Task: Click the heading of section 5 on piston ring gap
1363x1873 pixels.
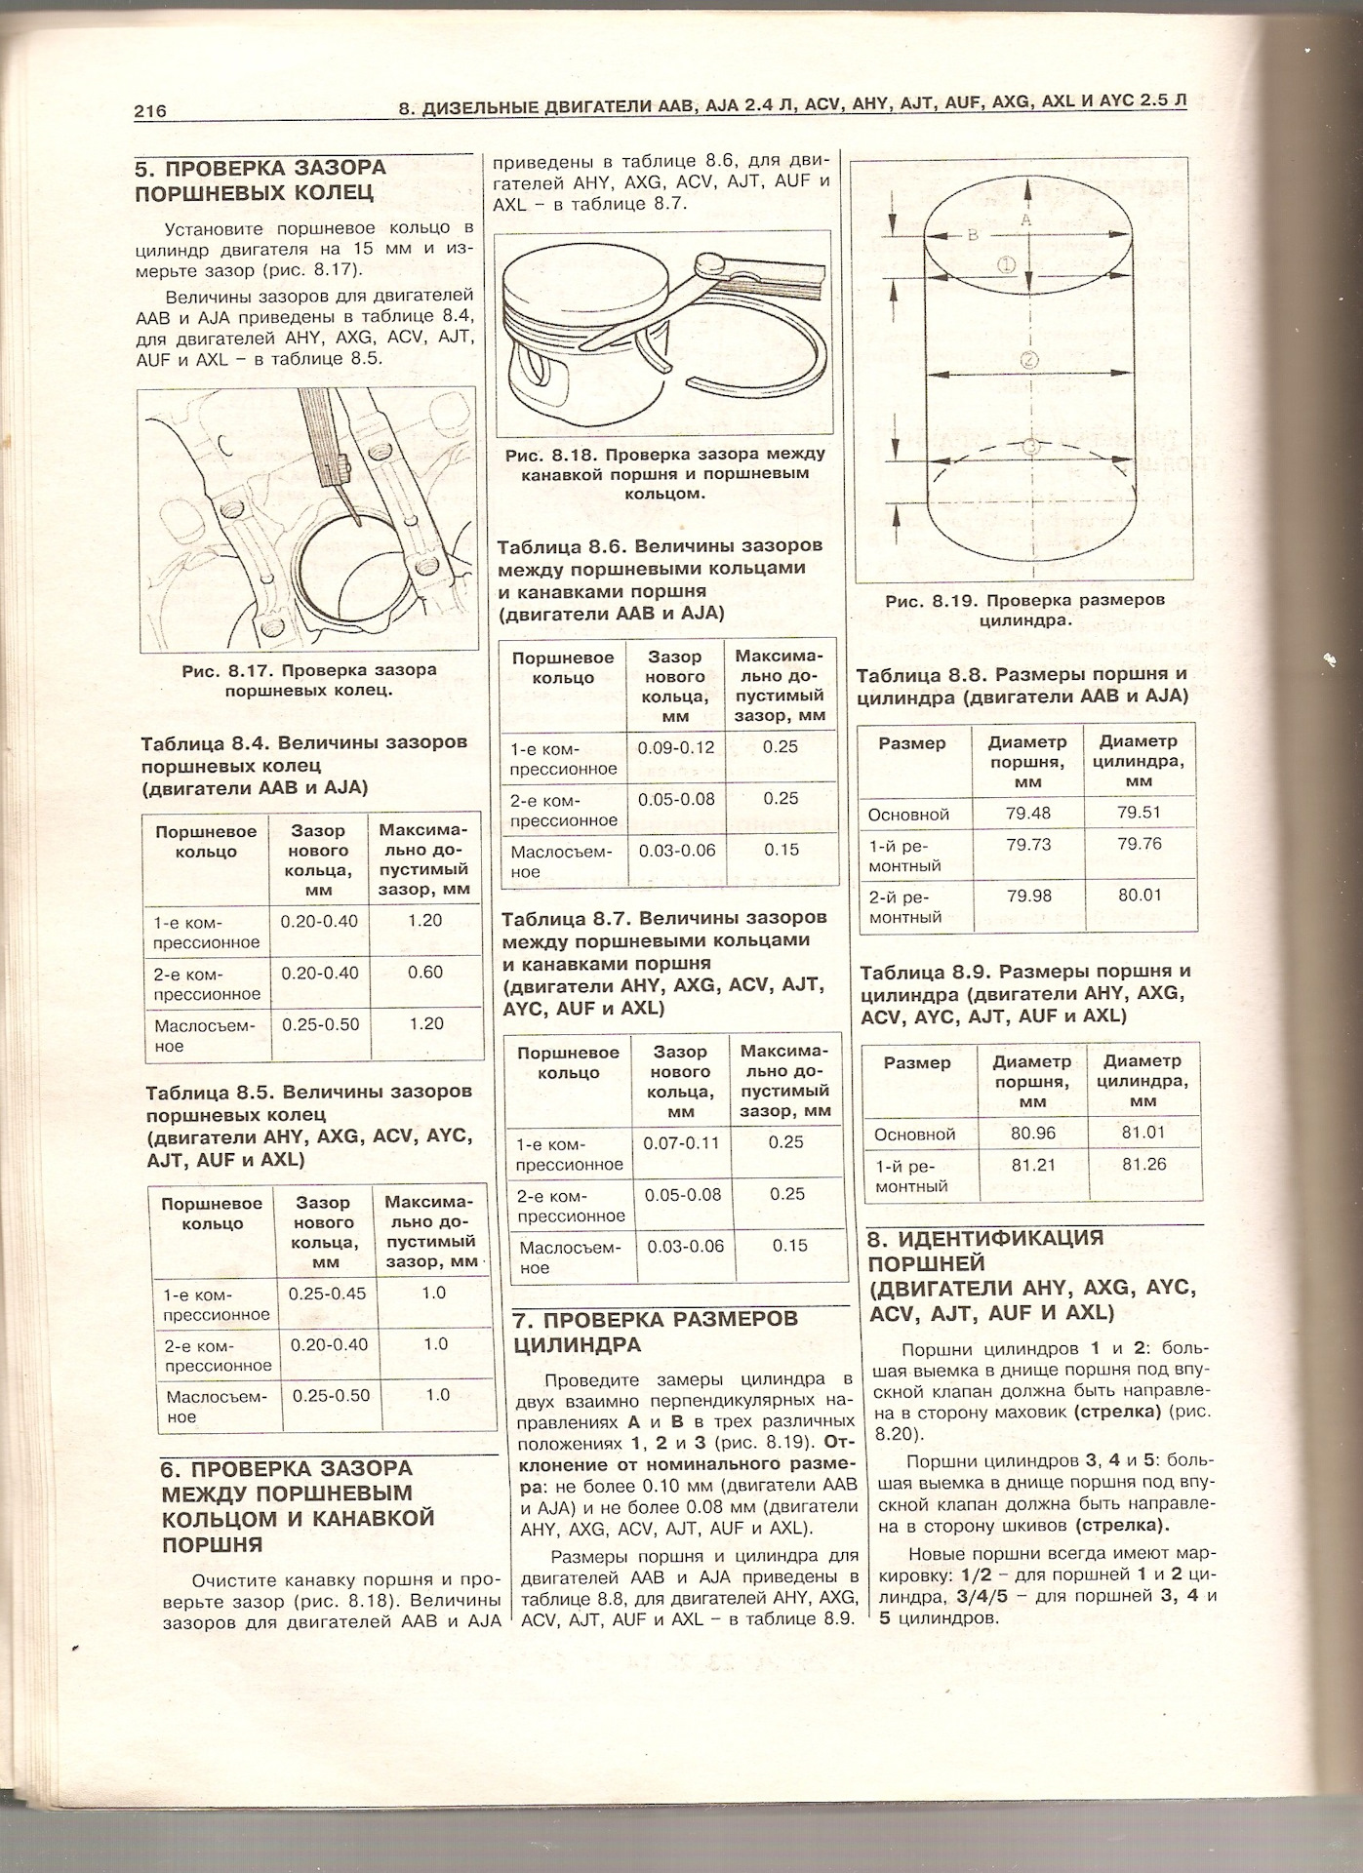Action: [260, 179]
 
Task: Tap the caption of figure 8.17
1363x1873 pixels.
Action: [308, 680]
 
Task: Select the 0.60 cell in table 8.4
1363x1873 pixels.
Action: [425, 972]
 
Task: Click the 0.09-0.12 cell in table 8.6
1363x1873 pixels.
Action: [675, 748]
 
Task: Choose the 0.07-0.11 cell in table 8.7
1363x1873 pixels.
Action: [680, 1142]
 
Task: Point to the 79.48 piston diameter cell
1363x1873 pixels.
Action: [1028, 813]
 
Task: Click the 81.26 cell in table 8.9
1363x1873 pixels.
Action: [1143, 1164]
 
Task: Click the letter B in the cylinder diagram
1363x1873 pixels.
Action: [972, 235]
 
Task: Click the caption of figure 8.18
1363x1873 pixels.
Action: [664, 473]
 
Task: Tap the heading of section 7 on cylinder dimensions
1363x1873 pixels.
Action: [655, 1332]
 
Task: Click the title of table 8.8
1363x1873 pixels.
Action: [1022, 685]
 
